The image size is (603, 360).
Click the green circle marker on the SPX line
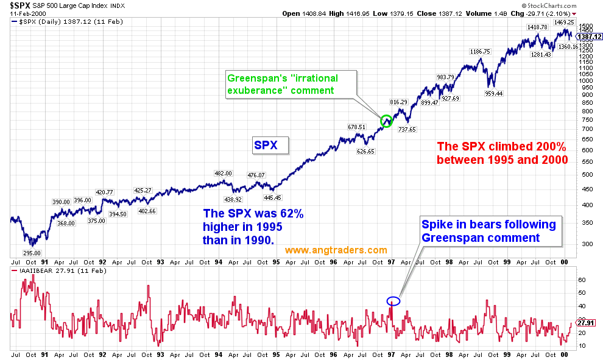386,121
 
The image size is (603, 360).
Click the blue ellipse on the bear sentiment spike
393,300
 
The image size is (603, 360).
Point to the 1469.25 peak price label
564,22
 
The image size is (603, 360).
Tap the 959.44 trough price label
493,94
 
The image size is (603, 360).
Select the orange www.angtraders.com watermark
336,250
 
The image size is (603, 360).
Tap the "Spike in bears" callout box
488,231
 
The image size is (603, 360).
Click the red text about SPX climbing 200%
503,153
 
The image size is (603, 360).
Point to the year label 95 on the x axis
276,354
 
